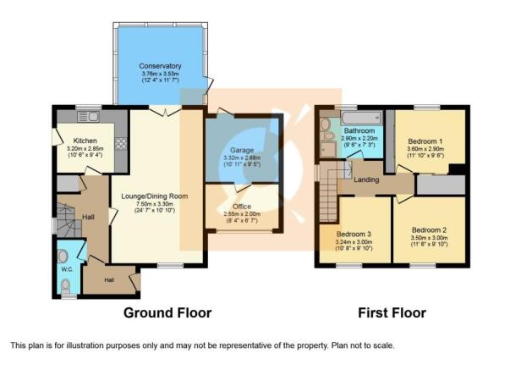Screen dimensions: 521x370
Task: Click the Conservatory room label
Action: pyautogui.click(x=160, y=66)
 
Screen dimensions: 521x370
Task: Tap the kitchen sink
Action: pyautogui.click(x=88, y=117)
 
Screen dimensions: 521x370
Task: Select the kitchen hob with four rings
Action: pyautogui.click(x=121, y=144)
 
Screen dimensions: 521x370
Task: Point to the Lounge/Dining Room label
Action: pyautogui.click(x=155, y=196)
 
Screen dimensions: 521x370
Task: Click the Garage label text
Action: pyautogui.click(x=242, y=151)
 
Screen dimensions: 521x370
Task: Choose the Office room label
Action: pyautogui.click(x=242, y=207)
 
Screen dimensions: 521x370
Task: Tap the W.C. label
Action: pyautogui.click(x=67, y=269)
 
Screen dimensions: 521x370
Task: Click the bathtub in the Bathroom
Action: pyautogui.click(x=360, y=118)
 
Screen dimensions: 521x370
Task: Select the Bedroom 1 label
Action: pyautogui.click(x=425, y=141)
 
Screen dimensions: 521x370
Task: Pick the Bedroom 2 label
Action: pyautogui.click(x=429, y=230)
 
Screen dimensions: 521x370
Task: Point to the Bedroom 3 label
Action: pyautogui.click(x=354, y=235)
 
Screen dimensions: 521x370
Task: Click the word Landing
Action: pyautogui.click(x=366, y=179)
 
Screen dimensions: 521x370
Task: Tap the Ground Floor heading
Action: pyautogui.click(x=167, y=312)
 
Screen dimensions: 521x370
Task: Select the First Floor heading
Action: pyautogui.click(x=392, y=312)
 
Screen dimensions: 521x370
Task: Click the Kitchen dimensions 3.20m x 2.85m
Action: pyautogui.click(x=85, y=149)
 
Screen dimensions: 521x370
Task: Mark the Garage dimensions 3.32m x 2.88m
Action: pyautogui.click(x=242, y=158)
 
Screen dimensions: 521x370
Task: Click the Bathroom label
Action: pyautogui.click(x=359, y=130)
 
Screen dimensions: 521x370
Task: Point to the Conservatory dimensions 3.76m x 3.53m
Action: pyautogui.click(x=160, y=74)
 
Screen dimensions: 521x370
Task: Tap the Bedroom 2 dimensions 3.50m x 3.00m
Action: pyautogui.click(x=429, y=238)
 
